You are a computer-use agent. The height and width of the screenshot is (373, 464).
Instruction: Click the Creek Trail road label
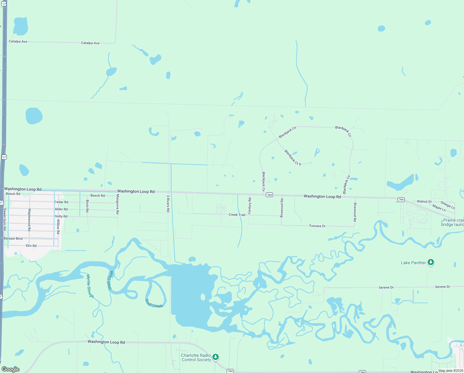coord(237,215)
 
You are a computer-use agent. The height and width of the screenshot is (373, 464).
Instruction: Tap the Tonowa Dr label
coord(317,226)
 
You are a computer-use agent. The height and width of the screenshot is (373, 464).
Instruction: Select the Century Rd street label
coord(250,206)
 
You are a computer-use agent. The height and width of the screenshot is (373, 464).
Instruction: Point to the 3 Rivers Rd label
coord(168,203)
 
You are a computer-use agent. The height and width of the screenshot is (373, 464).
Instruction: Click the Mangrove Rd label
coord(118,204)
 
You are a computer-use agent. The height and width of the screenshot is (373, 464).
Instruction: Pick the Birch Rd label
coord(87,206)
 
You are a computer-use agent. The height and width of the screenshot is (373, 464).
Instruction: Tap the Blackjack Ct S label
coord(293,158)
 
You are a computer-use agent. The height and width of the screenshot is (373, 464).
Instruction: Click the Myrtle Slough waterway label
coord(90,286)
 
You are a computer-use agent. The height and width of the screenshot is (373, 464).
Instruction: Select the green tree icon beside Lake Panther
coord(431,262)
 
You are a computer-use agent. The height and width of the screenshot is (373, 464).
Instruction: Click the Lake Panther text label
coord(413,263)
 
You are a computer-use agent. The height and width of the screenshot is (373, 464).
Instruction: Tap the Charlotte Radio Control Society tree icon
coord(216,357)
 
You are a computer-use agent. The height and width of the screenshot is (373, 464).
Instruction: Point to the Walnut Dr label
coord(424,202)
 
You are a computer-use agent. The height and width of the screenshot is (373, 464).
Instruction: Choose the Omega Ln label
coord(448,205)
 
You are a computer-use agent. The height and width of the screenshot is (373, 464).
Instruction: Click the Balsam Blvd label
coord(13,239)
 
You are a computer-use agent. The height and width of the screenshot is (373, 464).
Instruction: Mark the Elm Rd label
coord(31,246)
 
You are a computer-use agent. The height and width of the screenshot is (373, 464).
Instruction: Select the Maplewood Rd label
coord(29,220)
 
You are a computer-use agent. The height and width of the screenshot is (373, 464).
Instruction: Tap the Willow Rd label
coord(58,227)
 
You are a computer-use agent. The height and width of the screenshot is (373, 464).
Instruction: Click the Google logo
coord(11,369)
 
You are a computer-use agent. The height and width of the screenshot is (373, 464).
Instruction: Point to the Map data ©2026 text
coord(451,371)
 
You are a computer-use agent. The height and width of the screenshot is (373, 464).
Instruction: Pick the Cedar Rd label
coord(61,202)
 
